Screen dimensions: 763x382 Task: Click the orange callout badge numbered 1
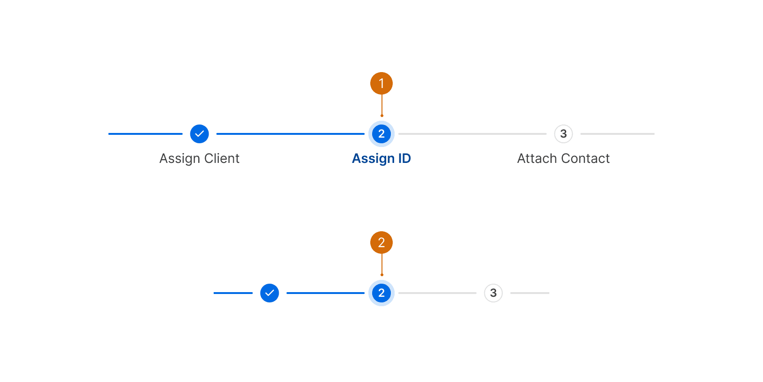coord(381,83)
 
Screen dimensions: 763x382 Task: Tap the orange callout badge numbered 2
coord(381,242)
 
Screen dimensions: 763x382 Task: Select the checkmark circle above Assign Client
coord(200,134)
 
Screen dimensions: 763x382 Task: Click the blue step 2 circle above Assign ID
coord(381,134)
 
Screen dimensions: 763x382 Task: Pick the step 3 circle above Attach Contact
coord(563,134)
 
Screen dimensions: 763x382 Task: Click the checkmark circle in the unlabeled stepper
coord(270,293)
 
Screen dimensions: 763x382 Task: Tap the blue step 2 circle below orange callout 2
coord(381,293)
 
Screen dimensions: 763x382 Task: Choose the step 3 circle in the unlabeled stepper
coord(493,293)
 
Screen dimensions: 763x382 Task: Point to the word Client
coord(222,158)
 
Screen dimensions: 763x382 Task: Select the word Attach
coord(537,158)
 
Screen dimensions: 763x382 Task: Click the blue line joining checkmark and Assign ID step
coord(290,134)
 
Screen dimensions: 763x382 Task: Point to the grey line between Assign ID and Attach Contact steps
coord(472,134)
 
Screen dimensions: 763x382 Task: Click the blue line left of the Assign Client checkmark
coord(145,134)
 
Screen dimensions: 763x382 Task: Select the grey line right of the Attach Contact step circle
coord(617,134)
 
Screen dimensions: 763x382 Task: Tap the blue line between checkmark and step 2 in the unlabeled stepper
coord(325,293)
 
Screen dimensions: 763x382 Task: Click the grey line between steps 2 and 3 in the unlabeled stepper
coord(437,293)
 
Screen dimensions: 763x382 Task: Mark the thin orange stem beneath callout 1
coord(382,105)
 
